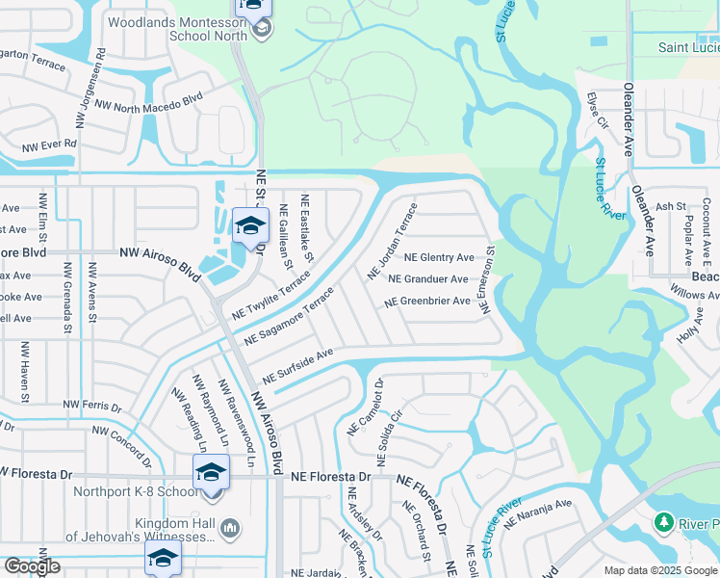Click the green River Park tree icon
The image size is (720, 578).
pos(663,523)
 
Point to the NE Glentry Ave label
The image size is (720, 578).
pos(439,258)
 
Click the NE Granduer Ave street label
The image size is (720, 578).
pos(427,279)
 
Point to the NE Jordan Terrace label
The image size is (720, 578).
pos(392,241)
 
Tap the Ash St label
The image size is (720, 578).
pos(669,206)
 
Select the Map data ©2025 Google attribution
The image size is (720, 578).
pos(660,570)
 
